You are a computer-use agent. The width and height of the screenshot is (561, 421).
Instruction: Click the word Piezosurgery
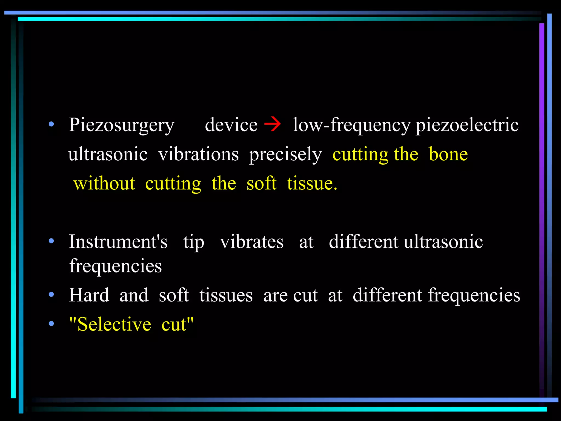(x=121, y=125)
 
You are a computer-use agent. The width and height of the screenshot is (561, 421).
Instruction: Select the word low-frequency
(x=351, y=125)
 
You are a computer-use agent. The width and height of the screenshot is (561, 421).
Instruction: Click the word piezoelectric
(x=467, y=125)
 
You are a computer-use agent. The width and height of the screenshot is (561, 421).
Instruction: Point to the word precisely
(x=285, y=155)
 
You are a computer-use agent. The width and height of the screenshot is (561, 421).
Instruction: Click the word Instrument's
(x=118, y=242)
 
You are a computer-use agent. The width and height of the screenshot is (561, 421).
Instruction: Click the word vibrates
(x=252, y=242)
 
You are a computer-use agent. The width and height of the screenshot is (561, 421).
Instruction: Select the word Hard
(x=89, y=295)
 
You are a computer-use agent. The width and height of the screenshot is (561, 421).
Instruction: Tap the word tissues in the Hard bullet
(x=226, y=295)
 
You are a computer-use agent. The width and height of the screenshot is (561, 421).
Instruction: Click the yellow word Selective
(x=114, y=324)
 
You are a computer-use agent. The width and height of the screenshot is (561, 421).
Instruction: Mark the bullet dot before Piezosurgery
(x=51, y=124)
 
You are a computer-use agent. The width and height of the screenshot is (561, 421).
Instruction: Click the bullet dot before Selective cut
(x=51, y=324)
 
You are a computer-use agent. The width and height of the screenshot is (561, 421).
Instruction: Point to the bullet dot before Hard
(x=51, y=295)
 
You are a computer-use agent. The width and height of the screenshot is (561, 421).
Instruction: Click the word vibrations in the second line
(x=199, y=154)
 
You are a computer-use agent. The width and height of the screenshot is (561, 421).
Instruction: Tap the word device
(x=231, y=125)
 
